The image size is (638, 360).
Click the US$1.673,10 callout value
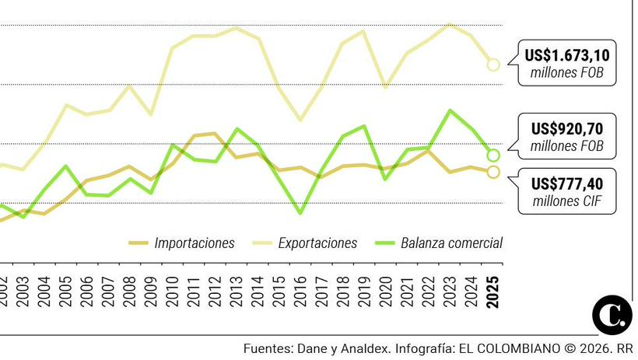point(566,55)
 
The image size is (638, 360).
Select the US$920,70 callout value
point(566,128)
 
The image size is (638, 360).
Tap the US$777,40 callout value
point(566,183)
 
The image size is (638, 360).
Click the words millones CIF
point(566,201)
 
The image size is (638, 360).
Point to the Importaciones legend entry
point(194,243)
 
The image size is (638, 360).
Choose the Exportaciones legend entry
point(317,243)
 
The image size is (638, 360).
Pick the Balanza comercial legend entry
point(451,243)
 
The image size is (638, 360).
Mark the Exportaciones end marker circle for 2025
point(493,65)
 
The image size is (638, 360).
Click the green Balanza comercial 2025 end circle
point(493,156)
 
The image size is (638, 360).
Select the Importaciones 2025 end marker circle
point(493,172)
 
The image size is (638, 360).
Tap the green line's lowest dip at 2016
point(300,212)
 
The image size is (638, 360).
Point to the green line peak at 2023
point(450,110)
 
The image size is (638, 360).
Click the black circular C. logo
point(612,316)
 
